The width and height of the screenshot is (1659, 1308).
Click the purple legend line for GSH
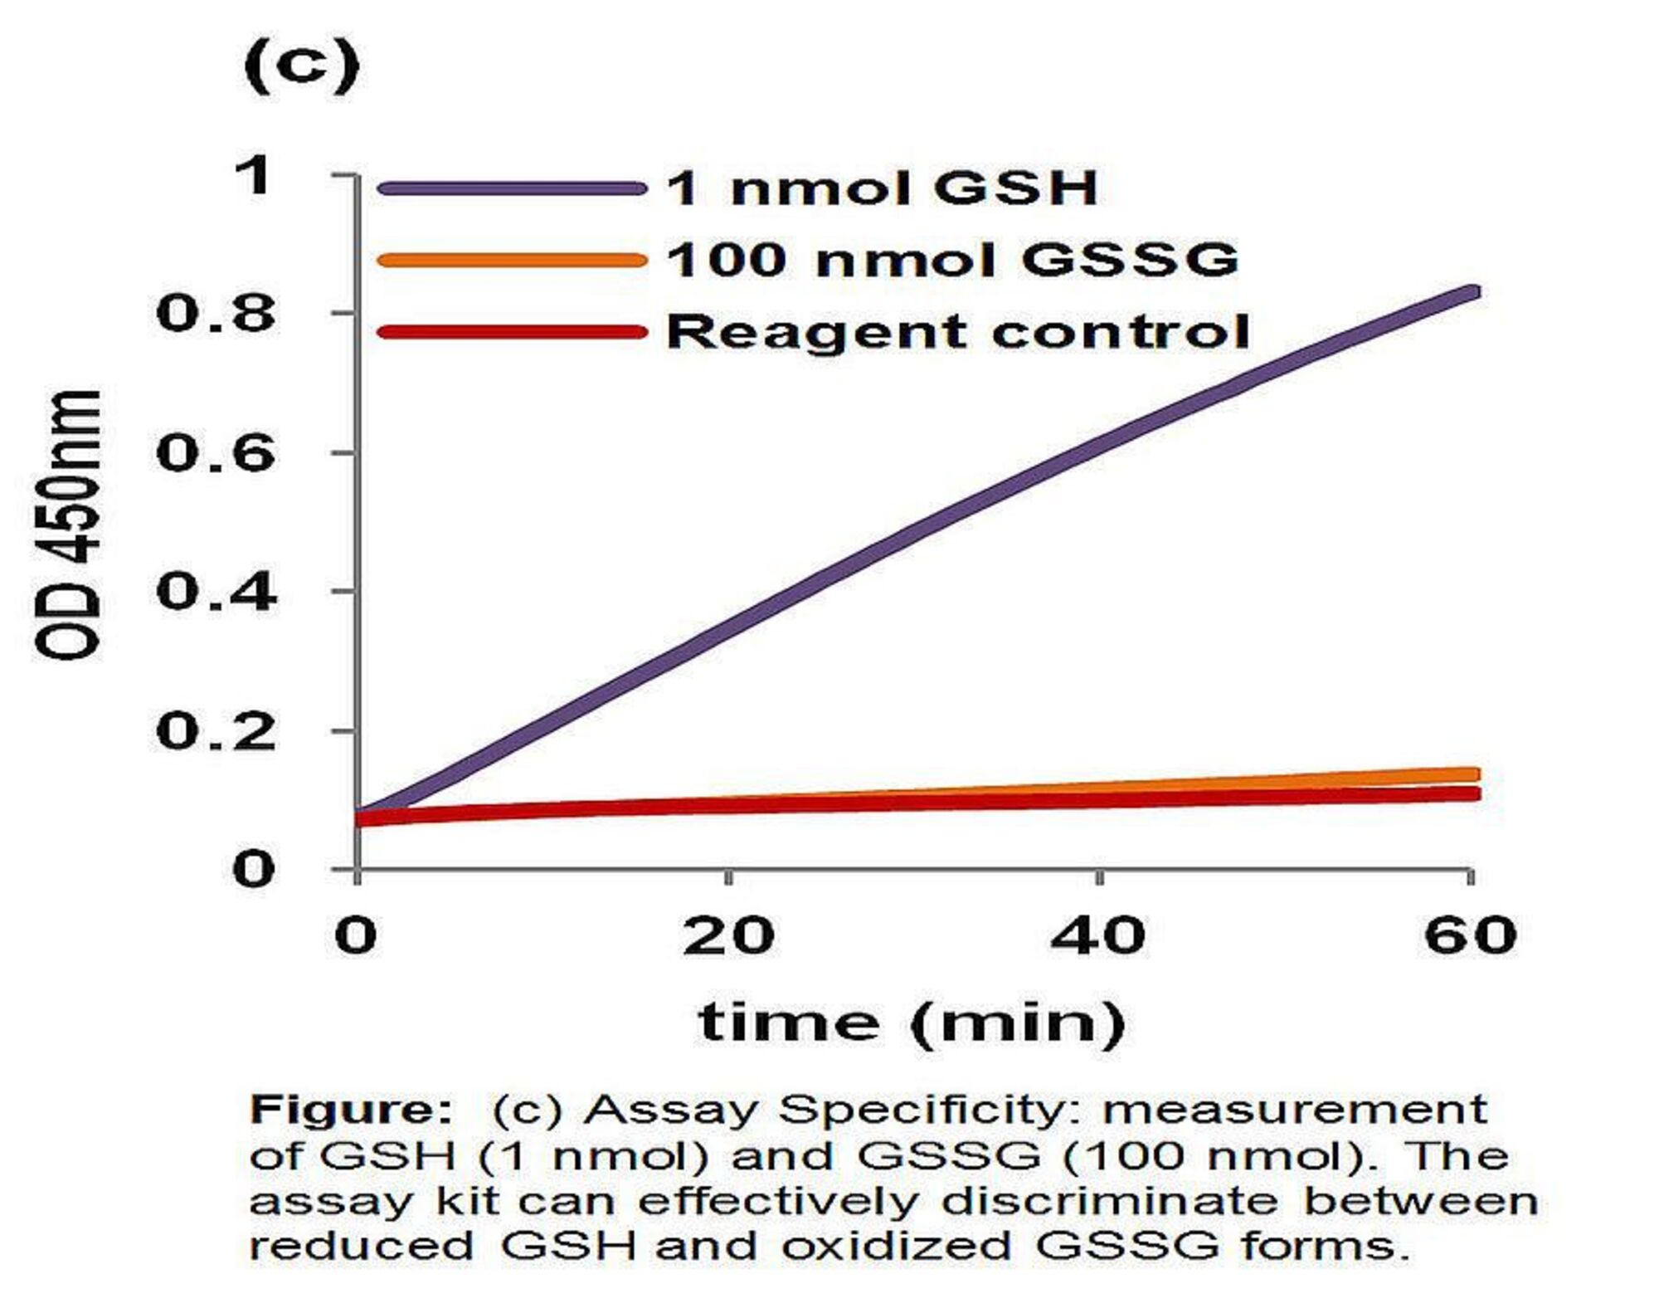(511, 188)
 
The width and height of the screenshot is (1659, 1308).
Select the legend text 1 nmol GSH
(883, 188)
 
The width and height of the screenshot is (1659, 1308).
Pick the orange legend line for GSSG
(511, 261)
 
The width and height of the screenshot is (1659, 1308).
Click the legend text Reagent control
(958, 332)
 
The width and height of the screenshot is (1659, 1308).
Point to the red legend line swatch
(511, 333)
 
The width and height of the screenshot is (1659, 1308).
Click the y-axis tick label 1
(252, 176)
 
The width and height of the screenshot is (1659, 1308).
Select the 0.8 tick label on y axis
(216, 314)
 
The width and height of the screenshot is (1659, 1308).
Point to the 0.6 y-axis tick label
(216, 453)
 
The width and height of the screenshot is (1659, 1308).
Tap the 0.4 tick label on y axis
(216, 593)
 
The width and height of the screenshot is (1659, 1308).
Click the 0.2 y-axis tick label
(216, 731)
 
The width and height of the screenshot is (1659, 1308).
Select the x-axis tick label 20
(728, 935)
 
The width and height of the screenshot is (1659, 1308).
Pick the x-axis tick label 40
(1098, 935)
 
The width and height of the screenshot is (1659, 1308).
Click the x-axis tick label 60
(1470, 935)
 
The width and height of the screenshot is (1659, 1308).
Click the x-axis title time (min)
(912, 1022)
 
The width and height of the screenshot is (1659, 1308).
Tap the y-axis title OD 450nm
(68, 525)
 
